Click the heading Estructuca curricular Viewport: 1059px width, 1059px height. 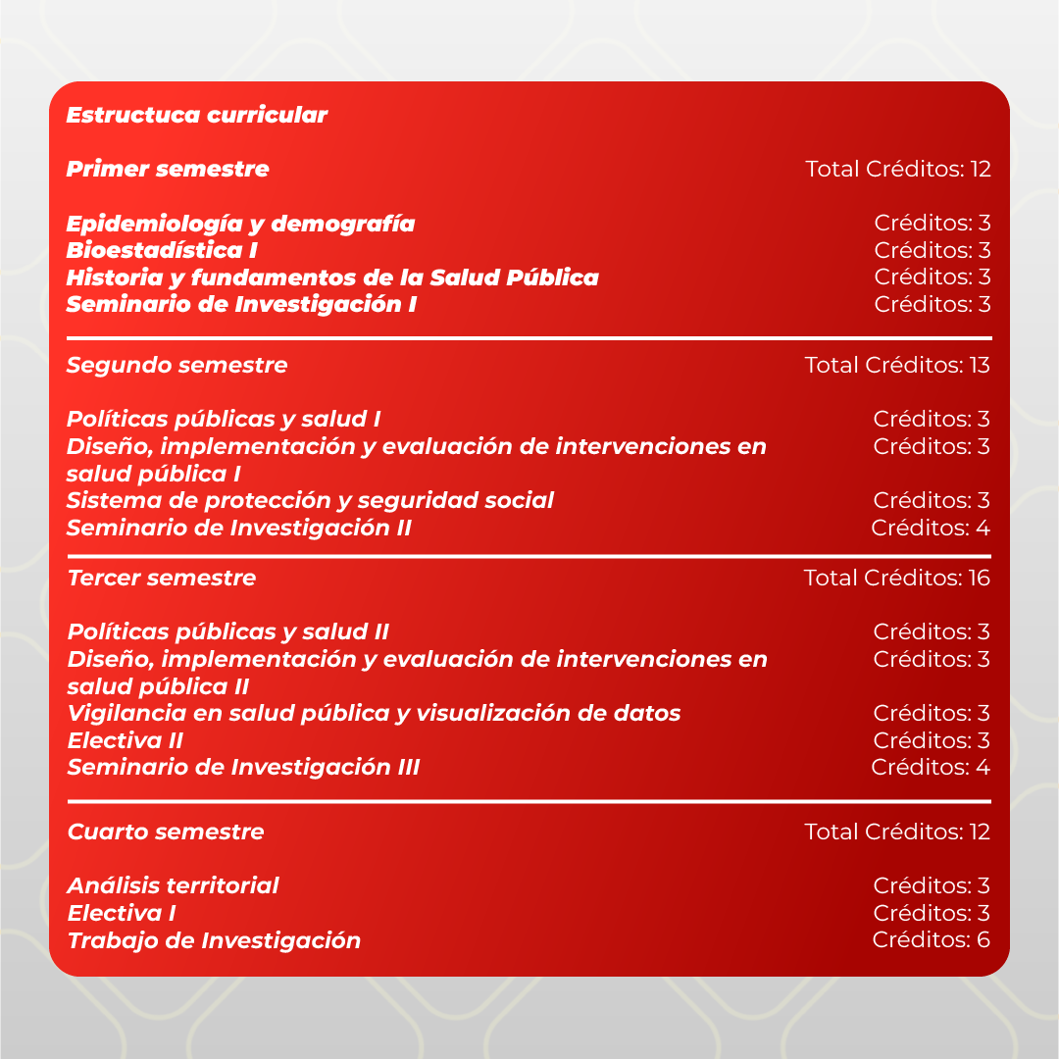pos(196,115)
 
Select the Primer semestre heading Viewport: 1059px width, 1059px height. pos(167,169)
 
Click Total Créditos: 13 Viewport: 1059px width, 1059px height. pos(897,366)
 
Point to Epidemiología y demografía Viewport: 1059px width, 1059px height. pos(240,224)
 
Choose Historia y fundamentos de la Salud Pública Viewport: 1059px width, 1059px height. pos(332,277)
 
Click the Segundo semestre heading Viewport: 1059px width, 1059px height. pos(176,366)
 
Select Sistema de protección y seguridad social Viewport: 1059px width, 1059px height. pos(310,500)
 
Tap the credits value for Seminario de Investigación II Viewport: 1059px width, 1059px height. pos(931,529)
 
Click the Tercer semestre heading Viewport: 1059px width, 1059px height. pos(161,578)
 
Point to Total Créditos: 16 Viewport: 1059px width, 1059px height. pos(897,578)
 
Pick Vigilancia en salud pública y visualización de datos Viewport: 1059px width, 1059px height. pos(374,713)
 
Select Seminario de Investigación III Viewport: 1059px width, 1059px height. pos(243,767)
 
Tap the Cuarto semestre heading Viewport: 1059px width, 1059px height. pos(165,832)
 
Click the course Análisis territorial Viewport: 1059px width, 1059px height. pos(173,885)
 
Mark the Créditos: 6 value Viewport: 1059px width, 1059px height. pos(932,939)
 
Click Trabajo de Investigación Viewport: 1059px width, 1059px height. pos(214,940)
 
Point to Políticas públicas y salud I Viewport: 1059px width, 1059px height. pos(224,420)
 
